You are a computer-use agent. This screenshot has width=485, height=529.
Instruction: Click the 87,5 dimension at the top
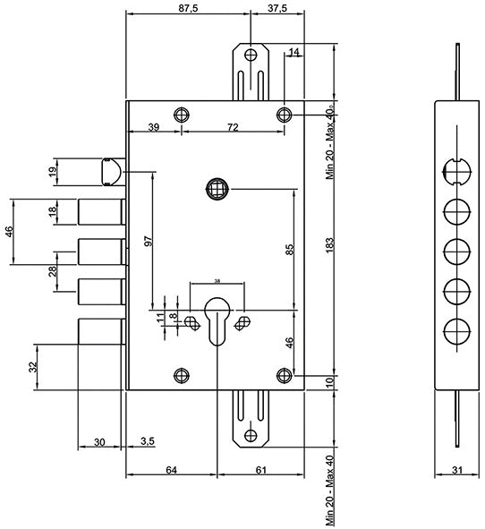pos(188,8)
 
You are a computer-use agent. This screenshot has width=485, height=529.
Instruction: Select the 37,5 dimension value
pos(277,8)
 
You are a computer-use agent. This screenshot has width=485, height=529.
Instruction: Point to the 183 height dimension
pos(330,244)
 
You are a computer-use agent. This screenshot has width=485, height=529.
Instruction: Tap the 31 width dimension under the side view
pos(456,470)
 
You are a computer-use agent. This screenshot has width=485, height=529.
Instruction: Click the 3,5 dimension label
pos(148,441)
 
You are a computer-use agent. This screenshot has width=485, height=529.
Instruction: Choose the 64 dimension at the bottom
pos(171,470)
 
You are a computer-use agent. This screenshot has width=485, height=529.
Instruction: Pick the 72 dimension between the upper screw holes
pos(233,127)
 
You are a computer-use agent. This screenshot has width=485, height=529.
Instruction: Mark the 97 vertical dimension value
pos(149,241)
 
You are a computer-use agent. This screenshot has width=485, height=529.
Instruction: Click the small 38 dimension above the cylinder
pos(217,281)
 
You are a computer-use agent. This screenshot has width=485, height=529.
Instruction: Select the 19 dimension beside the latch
pos(53,171)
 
